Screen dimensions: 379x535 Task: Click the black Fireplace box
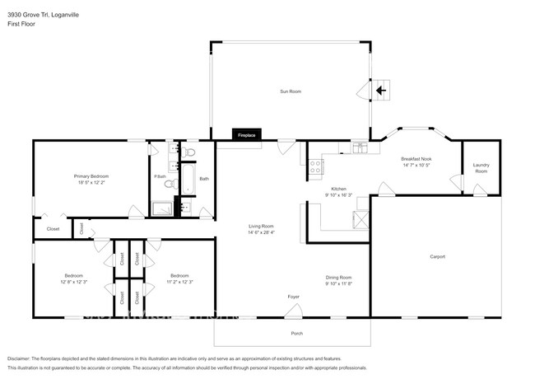click(x=245, y=134)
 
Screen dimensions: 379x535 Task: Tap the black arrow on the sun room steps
click(x=380, y=90)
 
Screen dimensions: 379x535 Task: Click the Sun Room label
click(x=290, y=91)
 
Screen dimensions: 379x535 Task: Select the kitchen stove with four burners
click(x=314, y=169)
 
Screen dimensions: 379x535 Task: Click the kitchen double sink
click(x=360, y=148)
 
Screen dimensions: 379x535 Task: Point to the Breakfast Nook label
click(x=416, y=158)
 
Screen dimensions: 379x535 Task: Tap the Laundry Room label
click(x=481, y=168)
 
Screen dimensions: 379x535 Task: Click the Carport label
click(x=437, y=256)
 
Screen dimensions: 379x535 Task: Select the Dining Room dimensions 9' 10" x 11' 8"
click(x=338, y=283)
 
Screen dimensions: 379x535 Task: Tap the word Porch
click(x=297, y=333)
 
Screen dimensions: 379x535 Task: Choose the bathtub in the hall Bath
click(x=187, y=179)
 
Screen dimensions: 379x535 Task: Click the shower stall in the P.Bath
click(x=161, y=208)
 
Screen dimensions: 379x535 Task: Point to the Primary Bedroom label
click(x=91, y=176)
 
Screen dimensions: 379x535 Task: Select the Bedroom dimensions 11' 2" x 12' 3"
click(x=179, y=283)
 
